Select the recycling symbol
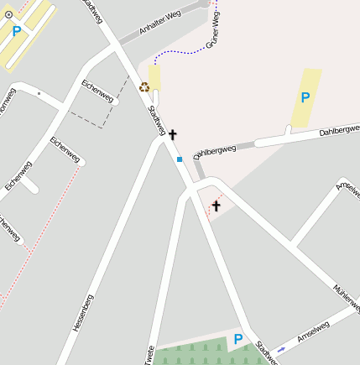(144, 86)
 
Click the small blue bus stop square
(179, 158)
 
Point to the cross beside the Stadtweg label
(173, 134)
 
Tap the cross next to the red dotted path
(216, 206)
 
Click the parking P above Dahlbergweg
(305, 97)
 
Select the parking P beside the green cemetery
(238, 339)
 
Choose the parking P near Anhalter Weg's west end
(17, 31)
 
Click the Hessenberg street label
(82, 313)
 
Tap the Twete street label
(149, 355)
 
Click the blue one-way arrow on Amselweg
(281, 347)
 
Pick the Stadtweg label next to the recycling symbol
(157, 119)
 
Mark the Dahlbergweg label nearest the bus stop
(216, 151)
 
